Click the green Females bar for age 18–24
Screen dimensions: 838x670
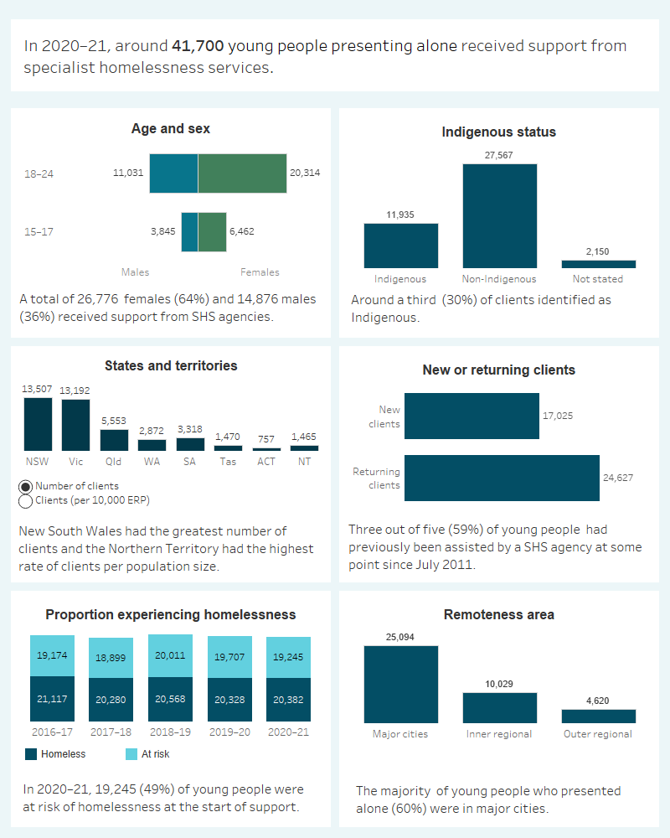[242, 173]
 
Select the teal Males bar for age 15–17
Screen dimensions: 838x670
[189, 231]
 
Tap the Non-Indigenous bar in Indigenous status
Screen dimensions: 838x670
[499, 215]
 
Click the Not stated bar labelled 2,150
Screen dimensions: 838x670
[598, 263]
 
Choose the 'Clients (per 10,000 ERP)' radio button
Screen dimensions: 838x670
[25, 501]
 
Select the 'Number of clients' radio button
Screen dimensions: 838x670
[25, 486]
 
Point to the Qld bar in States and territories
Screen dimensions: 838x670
[114, 441]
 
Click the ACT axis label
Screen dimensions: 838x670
[266, 461]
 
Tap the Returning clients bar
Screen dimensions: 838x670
[502, 478]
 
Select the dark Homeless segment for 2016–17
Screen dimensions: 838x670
[52, 699]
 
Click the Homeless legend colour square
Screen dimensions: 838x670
[31, 754]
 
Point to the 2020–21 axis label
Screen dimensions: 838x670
[288, 731]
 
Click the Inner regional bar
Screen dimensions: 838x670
[499, 707]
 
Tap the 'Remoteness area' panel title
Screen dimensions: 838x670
[498, 615]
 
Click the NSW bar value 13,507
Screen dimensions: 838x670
[38, 388]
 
